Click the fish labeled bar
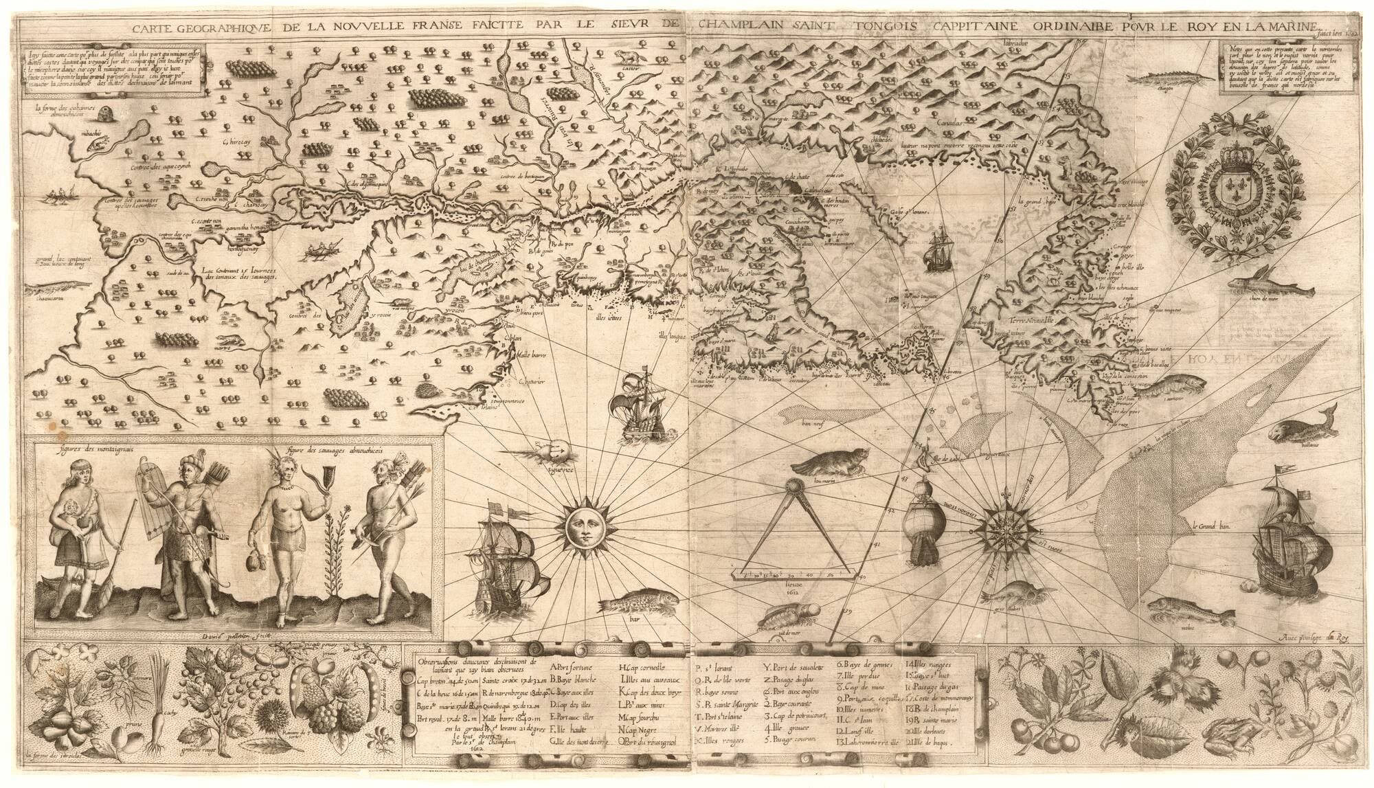631,607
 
